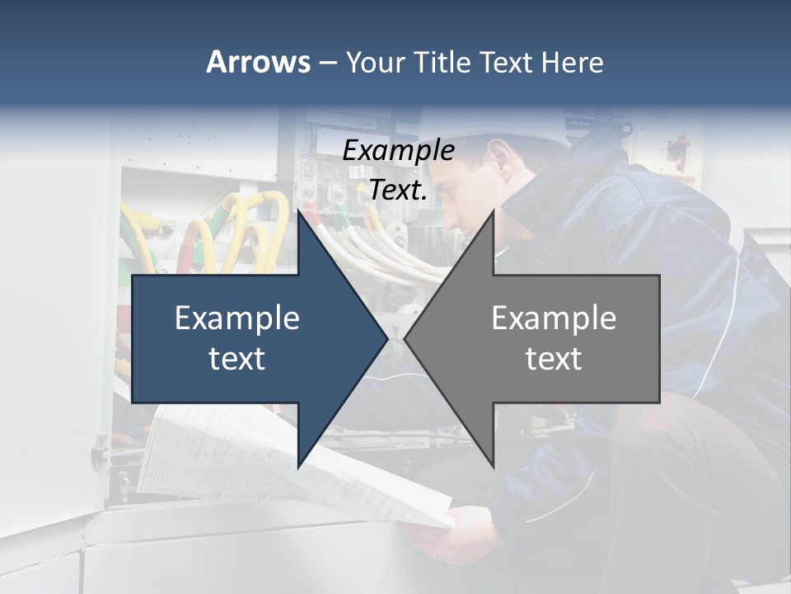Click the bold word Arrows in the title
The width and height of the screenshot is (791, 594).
[x=257, y=62]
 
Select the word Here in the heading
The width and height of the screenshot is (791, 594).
[x=573, y=62]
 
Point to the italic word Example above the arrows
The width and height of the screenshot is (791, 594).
[x=398, y=150]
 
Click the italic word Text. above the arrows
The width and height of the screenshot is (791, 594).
[x=398, y=190]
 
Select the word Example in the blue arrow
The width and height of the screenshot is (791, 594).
[x=237, y=318]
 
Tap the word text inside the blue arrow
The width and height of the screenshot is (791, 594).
[x=237, y=358]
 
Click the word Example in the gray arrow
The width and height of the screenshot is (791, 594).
[x=554, y=318]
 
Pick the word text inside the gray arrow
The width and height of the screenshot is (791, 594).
[x=554, y=358]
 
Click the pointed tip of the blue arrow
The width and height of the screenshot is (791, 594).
[x=386, y=338]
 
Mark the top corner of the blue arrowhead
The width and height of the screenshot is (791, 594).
[x=299, y=211]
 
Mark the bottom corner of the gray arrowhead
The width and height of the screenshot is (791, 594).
[x=493, y=466]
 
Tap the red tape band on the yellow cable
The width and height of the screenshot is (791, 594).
[x=189, y=247]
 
